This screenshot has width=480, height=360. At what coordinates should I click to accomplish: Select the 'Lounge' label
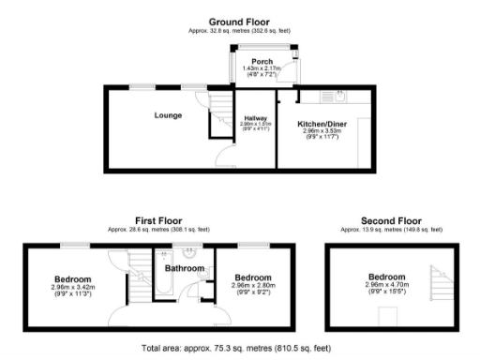(169, 115)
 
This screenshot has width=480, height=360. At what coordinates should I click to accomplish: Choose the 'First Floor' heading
(158, 222)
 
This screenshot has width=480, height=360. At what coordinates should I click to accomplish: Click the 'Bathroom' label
(186, 269)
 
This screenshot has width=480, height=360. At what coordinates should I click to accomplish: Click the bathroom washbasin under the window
(189, 253)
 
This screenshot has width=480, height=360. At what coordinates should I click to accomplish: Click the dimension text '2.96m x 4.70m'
(386, 284)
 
